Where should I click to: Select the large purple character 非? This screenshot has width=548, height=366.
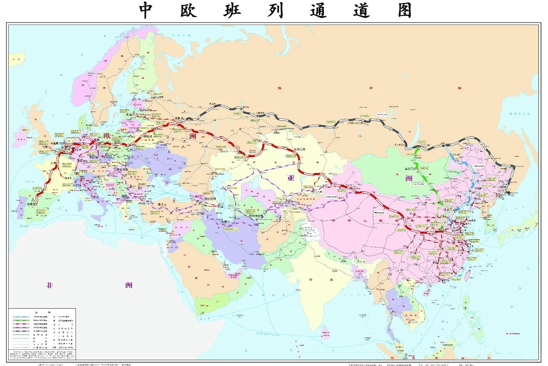tap(50, 285)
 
